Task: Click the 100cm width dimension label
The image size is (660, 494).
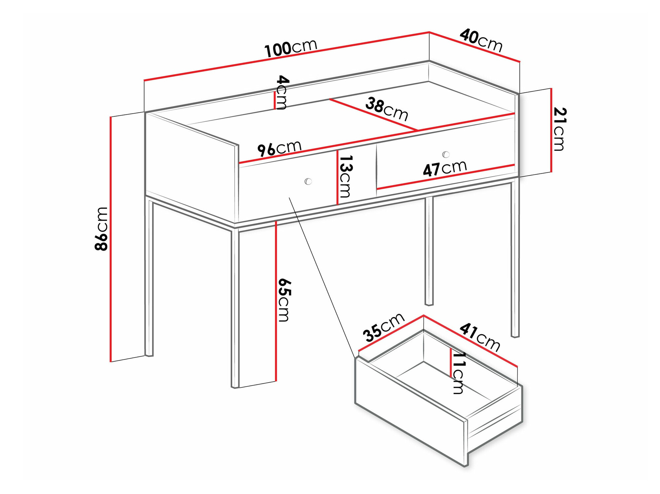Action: click(291, 48)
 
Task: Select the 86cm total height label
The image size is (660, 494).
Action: click(101, 229)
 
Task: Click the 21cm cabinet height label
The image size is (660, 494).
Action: click(559, 129)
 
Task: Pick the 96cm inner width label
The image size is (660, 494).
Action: click(279, 148)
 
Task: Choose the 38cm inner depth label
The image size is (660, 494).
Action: click(387, 109)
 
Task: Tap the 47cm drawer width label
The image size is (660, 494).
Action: click(445, 168)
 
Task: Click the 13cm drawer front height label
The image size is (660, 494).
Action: click(346, 176)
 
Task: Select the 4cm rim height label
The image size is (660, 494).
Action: click(282, 92)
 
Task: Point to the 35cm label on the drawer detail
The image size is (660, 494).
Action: click(383, 328)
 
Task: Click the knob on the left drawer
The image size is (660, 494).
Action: click(308, 181)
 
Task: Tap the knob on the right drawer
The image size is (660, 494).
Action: click(446, 154)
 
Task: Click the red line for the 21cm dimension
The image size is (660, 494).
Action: click(551, 130)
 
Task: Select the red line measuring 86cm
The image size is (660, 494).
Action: click(111, 239)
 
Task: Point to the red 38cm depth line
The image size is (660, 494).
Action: click(373, 114)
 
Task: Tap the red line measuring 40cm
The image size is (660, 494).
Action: click(475, 46)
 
